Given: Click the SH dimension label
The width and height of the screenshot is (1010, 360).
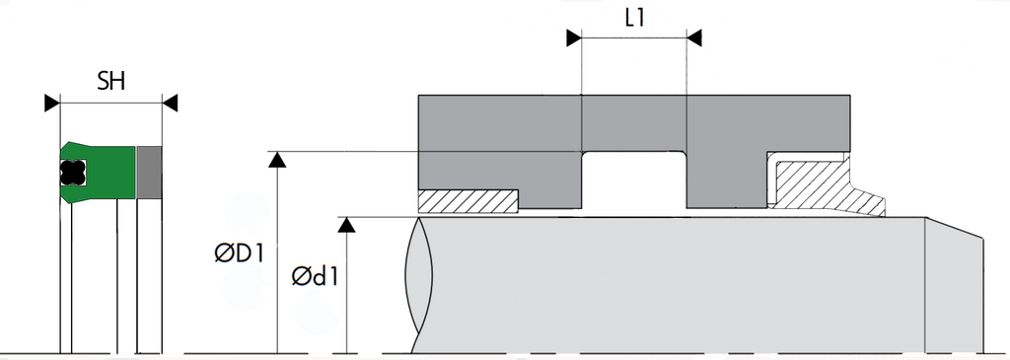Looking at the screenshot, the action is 110,82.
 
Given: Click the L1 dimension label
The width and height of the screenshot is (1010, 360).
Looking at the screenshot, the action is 634,18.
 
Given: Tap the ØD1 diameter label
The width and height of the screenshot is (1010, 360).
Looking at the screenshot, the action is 240,253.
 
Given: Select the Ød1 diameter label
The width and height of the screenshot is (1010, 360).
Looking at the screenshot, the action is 315,276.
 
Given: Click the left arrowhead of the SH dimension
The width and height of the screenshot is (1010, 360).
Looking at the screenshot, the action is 52,103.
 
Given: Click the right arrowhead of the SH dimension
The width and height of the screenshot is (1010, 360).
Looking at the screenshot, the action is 170,103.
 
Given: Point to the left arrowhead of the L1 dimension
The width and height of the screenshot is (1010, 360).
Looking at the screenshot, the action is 574,38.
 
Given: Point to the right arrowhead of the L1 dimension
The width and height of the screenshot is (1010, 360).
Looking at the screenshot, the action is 693,38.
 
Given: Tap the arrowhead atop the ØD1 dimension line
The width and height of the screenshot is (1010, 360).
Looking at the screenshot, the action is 277,160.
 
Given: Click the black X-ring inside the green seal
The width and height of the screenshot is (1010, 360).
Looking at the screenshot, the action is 73,172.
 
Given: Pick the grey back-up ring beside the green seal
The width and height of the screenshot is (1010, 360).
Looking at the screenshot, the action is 150,172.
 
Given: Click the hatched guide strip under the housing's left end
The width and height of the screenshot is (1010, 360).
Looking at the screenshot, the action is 469,201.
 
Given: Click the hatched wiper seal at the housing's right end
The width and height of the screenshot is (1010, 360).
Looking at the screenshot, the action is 817,185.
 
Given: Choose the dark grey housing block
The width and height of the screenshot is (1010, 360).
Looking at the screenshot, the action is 634,123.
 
